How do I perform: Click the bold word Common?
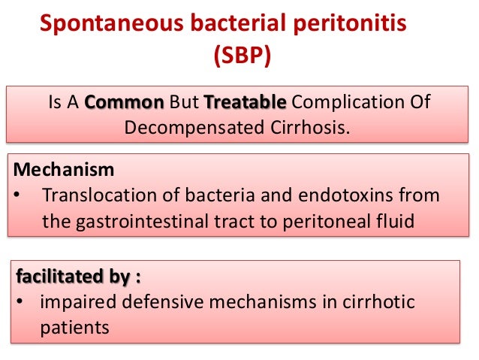(125, 101)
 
